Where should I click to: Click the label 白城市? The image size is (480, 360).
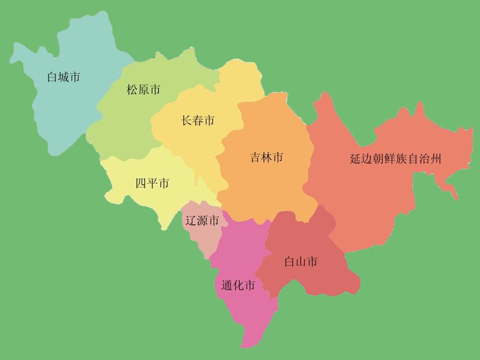(64, 77)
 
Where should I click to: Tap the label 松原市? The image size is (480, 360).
(143, 90)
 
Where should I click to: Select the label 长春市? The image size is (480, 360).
(198, 120)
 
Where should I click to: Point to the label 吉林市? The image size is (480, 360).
(266, 157)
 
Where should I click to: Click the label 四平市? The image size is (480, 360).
(152, 184)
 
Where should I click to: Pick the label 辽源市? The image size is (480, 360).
(202, 220)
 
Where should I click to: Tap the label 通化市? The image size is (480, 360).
(238, 286)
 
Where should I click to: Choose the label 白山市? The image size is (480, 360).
(301, 262)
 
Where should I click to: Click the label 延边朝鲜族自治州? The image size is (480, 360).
(395, 159)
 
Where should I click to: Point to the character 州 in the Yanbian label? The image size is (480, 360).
(436, 159)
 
